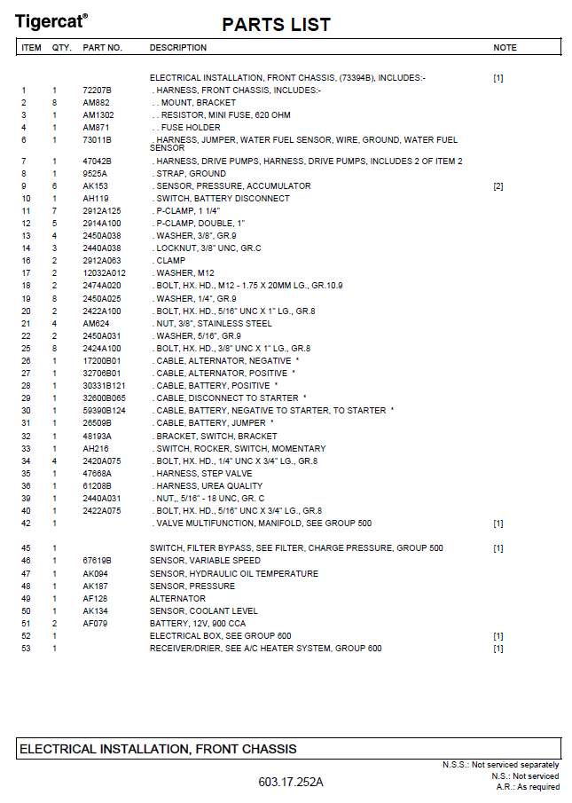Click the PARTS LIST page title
click(276, 25)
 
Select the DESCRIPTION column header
click(178, 48)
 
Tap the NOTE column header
click(505, 48)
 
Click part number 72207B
click(97, 91)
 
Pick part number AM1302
click(98, 115)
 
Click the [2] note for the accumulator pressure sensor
click(498, 186)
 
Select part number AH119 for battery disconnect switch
click(96, 199)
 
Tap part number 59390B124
click(105, 411)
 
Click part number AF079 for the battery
click(95, 624)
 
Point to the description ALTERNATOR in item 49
click(178, 599)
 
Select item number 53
click(26, 649)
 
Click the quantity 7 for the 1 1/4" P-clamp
click(54, 211)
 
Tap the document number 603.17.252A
click(291, 782)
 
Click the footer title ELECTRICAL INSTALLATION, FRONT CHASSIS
click(158, 750)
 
